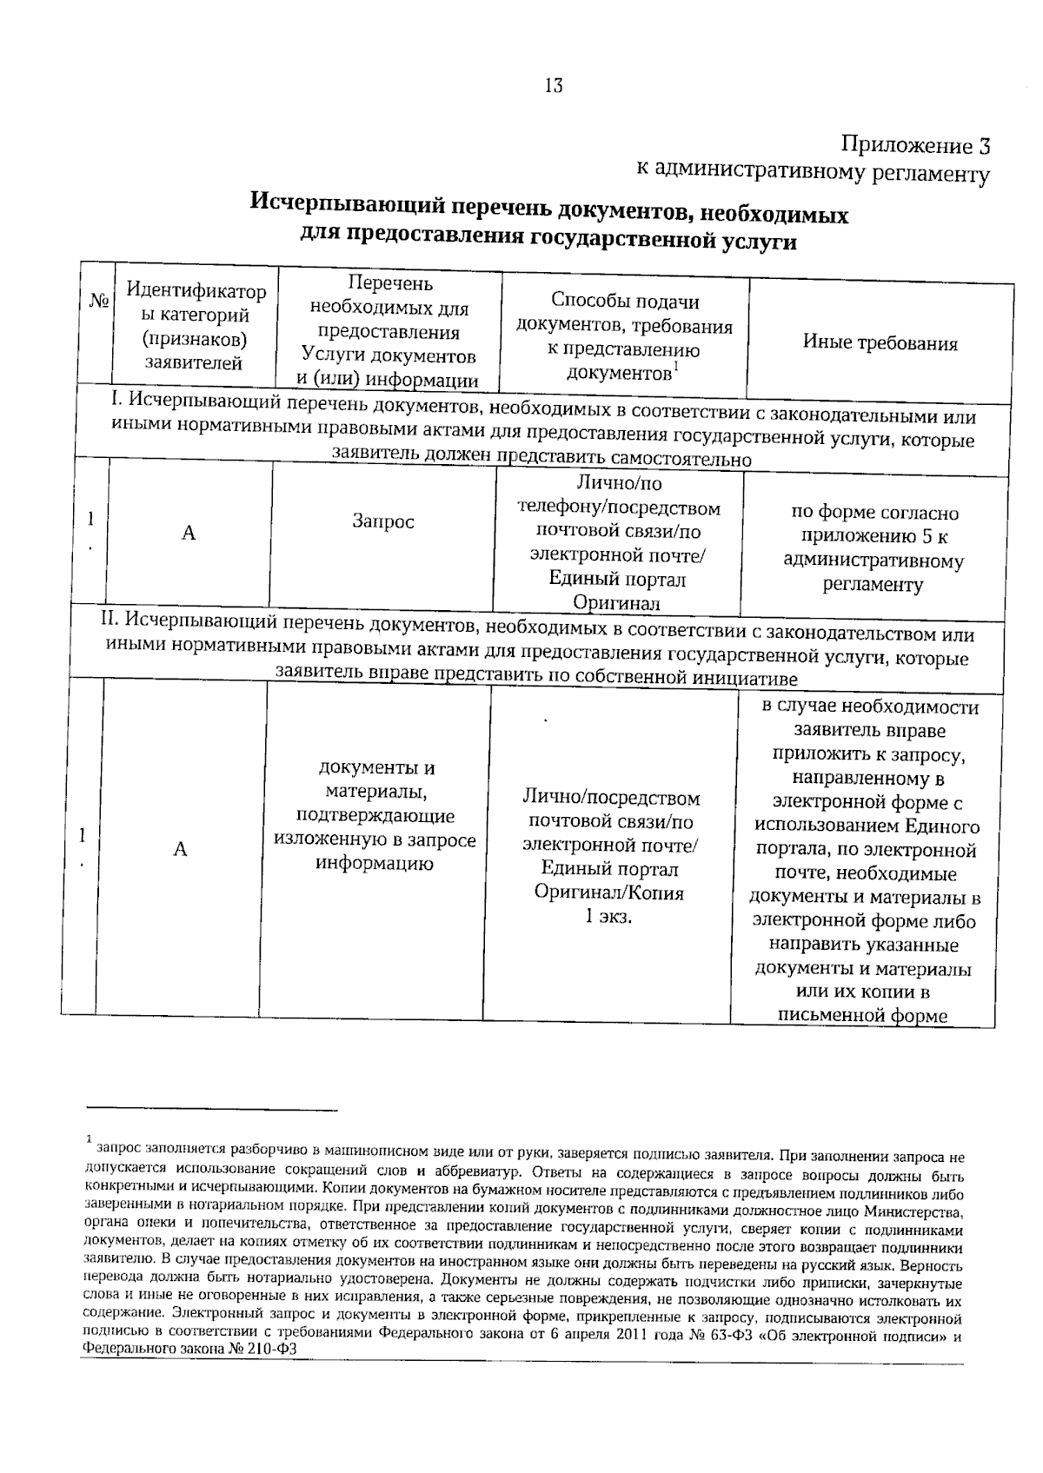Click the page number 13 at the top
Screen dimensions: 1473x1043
pyautogui.click(x=554, y=85)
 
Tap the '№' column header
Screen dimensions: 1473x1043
pyautogui.click(x=99, y=301)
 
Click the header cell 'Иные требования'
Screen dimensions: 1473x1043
pyautogui.click(x=880, y=342)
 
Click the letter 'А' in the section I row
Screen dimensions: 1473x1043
pyautogui.click(x=189, y=533)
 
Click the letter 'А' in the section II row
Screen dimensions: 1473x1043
pyautogui.click(x=180, y=848)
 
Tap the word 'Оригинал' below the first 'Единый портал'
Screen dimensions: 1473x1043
pyautogui.click(x=616, y=603)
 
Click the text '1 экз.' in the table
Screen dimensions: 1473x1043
pyautogui.click(x=608, y=916)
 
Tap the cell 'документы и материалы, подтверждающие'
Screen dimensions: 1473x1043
pyautogui.click(x=375, y=792)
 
